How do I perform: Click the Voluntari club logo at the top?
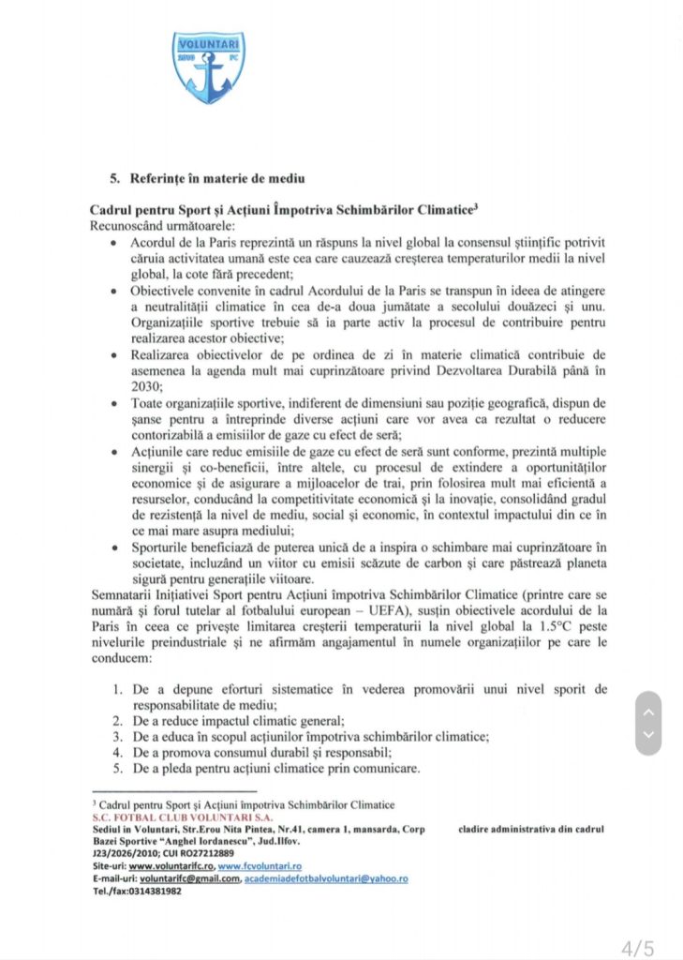pos(209,67)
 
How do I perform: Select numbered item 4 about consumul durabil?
pos(248,753)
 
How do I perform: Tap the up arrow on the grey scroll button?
pos(648,711)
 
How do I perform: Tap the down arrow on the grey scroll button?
pos(648,736)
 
